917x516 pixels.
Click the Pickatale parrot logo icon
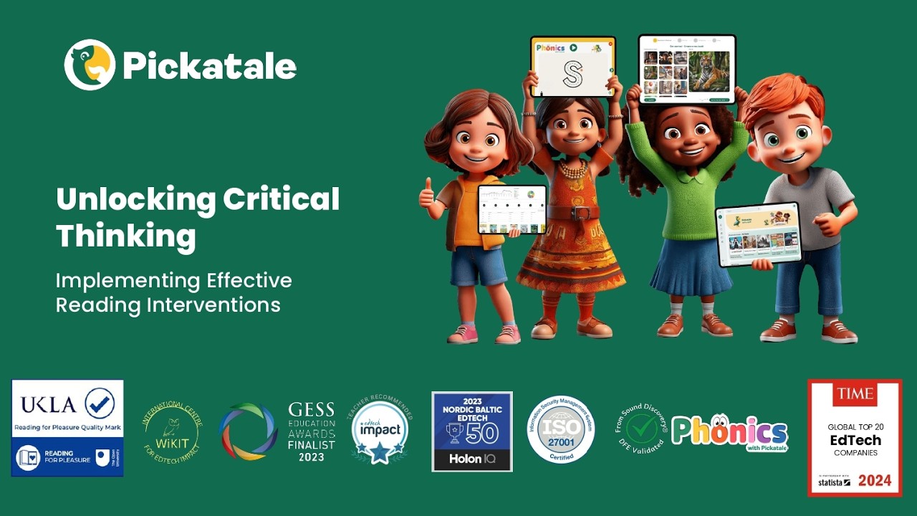click(x=90, y=64)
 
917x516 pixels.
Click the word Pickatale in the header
click(x=209, y=67)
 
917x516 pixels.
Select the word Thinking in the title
click(x=125, y=236)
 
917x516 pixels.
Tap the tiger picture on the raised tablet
click(x=709, y=70)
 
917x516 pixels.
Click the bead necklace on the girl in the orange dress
click(x=572, y=170)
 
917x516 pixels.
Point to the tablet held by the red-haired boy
click(x=758, y=234)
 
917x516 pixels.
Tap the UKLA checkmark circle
click(x=100, y=403)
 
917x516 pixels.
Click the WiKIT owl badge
click(x=172, y=430)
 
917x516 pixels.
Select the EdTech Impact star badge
click(x=380, y=431)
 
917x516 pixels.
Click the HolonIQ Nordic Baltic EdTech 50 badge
click(x=472, y=431)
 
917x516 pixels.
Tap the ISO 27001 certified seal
click(x=561, y=429)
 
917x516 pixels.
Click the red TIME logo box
click(x=854, y=394)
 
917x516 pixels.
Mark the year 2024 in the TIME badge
click(x=879, y=481)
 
